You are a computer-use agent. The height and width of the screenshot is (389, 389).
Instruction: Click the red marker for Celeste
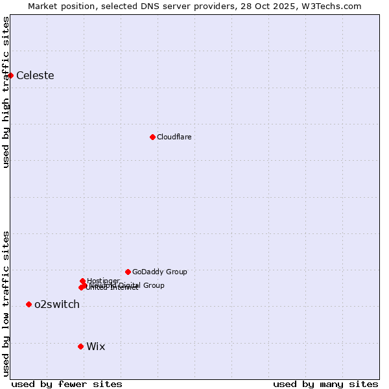(x=10, y=75)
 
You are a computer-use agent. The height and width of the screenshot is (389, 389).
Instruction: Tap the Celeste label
(x=35, y=76)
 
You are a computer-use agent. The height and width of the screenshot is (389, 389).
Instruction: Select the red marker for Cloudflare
(x=152, y=137)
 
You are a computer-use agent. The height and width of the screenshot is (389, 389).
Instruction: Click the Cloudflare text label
(x=174, y=137)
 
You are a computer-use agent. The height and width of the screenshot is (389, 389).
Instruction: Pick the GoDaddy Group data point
(x=128, y=272)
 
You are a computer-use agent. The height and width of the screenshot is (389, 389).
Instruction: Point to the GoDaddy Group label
(x=159, y=272)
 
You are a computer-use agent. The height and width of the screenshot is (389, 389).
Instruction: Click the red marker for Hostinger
(x=83, y=281)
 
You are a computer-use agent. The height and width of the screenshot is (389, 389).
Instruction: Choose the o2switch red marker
(x=29, y=305)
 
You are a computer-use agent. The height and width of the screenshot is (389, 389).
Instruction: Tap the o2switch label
(x=57, y=305)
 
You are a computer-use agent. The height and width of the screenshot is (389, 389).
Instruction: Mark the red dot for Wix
(x=80, y=346)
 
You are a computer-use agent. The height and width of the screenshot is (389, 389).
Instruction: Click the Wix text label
(x=95, y=347)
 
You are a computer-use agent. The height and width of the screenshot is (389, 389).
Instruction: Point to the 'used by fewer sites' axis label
(x=67, y=384)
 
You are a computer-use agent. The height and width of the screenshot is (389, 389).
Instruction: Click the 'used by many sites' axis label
(x=325, y=384)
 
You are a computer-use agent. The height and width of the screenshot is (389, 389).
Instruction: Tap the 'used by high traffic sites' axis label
(x=6, y=92)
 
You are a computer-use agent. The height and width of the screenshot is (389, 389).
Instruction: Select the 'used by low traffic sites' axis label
(x=6, y=303)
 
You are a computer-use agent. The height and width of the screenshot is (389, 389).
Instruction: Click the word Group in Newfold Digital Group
(x=153, y=285)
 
